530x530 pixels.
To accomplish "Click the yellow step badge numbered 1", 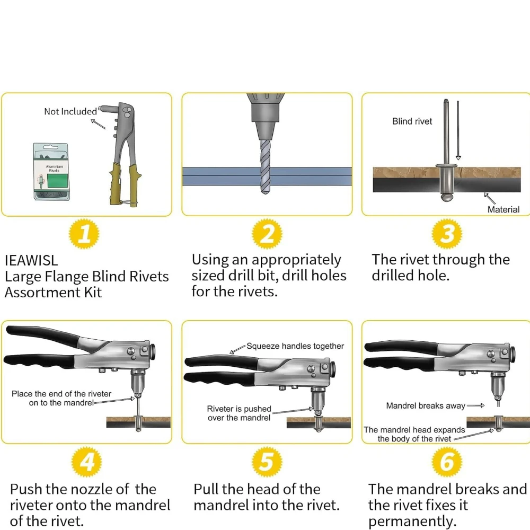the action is (x=84, y=234).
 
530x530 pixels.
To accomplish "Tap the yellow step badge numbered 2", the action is (x=267, y=234).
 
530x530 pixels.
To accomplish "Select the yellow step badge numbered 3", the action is (x=447, y=234).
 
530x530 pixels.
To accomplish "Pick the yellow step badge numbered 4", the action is (x=86, y=462).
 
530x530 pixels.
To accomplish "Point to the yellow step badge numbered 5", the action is (x=267, y=462).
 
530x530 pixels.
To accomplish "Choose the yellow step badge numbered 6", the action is (x=447, y=462).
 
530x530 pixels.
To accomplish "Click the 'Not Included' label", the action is (x=70, y=111).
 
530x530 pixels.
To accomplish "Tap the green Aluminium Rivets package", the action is (x=51, y=171).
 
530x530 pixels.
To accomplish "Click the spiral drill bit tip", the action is (x=266, y=191).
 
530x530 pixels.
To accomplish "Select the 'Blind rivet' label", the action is (x=412, y=121).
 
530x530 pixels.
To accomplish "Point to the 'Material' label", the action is (x=503, y=209).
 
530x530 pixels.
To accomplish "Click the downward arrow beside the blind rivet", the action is (x=458, y=130).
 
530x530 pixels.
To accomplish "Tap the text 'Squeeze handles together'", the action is (x=295, y=346).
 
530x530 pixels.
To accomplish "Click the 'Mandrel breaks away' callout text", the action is (x=426, y=405).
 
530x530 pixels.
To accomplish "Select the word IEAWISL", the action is (x=31, y=260).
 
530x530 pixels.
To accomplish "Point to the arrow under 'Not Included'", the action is (x=99, y=123).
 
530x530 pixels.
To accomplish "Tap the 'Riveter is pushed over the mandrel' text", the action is (x=239, y=413).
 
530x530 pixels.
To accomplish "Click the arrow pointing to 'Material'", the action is (x=490, y=198).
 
